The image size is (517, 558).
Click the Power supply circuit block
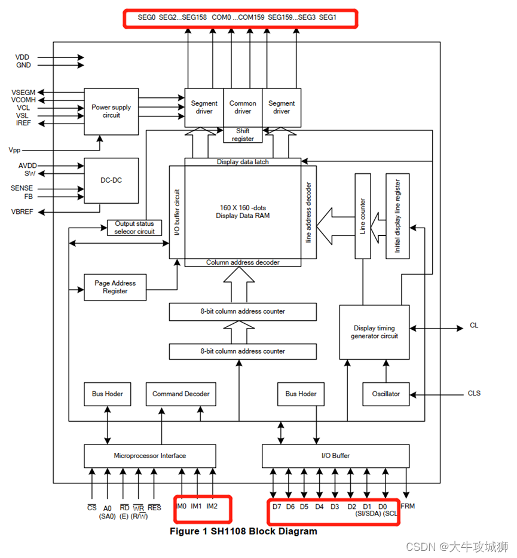(x=111, y=111)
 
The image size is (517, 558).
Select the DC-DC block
(x=111, y=180)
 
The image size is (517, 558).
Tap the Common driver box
(x=243, y=108)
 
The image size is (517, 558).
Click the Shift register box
(x=243, y=135)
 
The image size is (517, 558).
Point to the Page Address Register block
(x=115, y=287)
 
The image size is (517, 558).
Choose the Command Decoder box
(x=181, y=394)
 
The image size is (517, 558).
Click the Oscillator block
(x=386, y=394)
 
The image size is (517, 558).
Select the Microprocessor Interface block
(x=149, y=456)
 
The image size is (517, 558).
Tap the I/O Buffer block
(x=335, y=456)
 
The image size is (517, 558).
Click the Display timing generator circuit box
(x=374, y=332)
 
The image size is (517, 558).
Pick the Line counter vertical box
(x=362, y=216)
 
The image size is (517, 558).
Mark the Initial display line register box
(x=397, y=216)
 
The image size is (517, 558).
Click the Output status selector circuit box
(x=134, y=228)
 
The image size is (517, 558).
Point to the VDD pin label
(x=23, y=57)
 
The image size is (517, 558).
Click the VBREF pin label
(x=22, y=211)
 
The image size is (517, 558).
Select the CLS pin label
(x=474, y=394)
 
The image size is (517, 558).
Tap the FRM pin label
(x=408, y=507)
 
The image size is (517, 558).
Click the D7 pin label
(x=276, y=507)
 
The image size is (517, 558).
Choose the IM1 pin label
(x=197, y=506)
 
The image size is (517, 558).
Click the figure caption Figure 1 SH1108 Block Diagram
(x=243, y=531)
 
